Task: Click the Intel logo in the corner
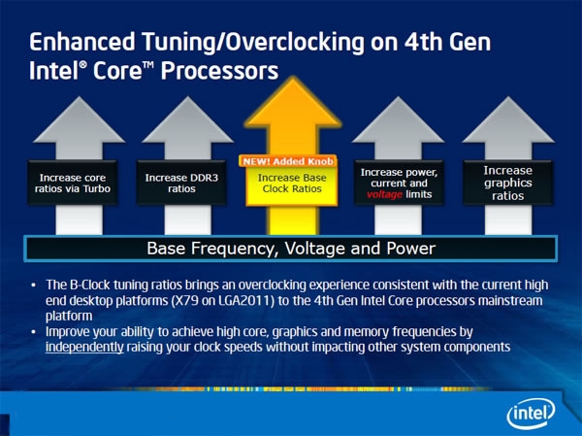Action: (x=532, y=414)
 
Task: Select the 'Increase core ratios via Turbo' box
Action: (x=73, y=183)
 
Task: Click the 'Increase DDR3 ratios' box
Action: (x=181, y=183)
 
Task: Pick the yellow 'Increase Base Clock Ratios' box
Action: (x=292, y=184)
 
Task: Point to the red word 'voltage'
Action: (x=384, y=194)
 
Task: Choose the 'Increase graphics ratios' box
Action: (x=507, y=183)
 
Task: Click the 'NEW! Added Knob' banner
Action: (x=288, y=161)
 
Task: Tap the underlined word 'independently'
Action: (x=84, y=348)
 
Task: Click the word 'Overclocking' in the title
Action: (x=295, y=42)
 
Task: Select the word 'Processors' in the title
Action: (x=219, y=71)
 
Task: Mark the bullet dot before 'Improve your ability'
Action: (x=34, y=331)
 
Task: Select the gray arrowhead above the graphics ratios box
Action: (x=508, y=119)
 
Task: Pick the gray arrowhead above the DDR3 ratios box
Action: (x=188, y=119)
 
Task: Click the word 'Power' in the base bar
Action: (x=411, y=249)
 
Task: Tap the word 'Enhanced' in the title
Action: (x=82, y=42)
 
